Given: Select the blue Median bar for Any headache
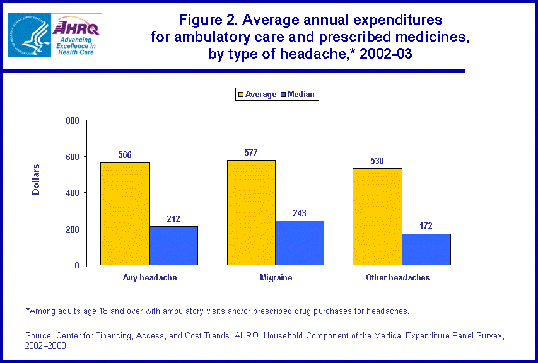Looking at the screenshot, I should point(173,245).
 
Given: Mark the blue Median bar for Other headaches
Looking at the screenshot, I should point(426,249).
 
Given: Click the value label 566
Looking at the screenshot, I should point(124,154).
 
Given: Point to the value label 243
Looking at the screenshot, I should point(300,213).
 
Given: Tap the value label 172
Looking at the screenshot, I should point(426,226).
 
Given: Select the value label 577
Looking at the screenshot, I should point(251,153).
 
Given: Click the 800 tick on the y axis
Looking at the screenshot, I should point(73,120).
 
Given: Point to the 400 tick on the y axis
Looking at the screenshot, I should point(73,193).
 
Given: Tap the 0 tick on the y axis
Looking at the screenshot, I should point(77,265).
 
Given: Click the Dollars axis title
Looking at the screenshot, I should point(36,180).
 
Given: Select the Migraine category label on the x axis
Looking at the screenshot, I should point(275,277).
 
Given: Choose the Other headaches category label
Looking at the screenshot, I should point(397,277).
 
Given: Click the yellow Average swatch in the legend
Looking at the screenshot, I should point(240,95).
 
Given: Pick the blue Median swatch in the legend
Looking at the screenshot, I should point(283,95).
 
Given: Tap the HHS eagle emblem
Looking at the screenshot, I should point(28,35).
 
